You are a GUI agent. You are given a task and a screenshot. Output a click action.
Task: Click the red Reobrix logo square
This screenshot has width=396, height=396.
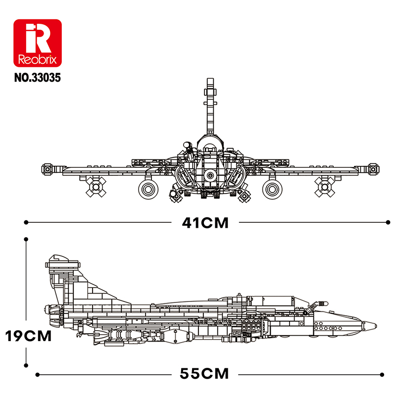(x=37, y=44)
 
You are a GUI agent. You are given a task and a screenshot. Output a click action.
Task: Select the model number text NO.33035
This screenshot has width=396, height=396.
(x=37, y=77)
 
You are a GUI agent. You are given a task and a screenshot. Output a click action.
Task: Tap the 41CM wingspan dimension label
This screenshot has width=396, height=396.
(x=205, y=223)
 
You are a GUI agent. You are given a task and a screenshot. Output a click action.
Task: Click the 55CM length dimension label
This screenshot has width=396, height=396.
(x=205, y=373)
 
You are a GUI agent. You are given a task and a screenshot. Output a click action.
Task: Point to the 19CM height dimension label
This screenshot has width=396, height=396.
(x=28, y=336)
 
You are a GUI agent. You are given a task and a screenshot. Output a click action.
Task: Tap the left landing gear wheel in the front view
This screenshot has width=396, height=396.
(x=148, y=188)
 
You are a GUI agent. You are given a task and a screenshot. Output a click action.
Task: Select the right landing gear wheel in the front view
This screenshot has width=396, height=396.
(x=272, y=188)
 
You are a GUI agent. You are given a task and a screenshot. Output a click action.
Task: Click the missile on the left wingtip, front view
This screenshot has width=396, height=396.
(x=48, y=169)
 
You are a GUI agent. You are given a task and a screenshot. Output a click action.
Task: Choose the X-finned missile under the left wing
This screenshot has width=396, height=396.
(x=95, y=187)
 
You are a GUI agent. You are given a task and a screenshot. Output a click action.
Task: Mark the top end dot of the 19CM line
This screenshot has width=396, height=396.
(x=25, y=240)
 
